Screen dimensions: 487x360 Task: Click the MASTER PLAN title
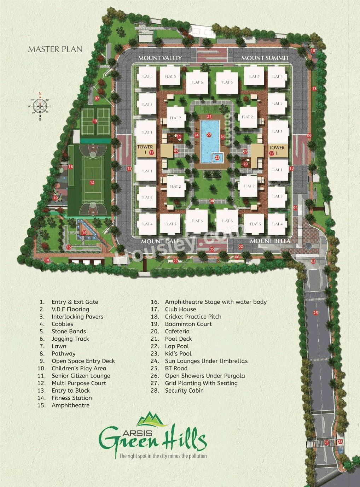(55, 49)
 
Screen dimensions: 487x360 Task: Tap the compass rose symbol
(40, 106)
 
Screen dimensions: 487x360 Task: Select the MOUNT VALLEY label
(160, 58)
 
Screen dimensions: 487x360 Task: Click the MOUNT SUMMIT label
(265, 58)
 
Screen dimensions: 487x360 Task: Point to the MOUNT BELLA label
(270, 241)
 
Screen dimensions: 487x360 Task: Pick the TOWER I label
(145, 149)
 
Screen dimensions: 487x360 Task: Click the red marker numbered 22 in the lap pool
(209, 135)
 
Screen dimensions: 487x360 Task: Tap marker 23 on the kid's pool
(217, 158)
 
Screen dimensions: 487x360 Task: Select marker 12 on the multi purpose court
(92, 182)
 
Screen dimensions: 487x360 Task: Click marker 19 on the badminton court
(95, 121)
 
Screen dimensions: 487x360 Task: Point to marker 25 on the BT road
(315, 312)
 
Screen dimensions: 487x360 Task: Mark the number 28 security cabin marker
(340, 442)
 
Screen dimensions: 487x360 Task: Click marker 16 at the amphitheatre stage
(84, 233)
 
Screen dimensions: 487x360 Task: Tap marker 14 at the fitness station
(47, 260)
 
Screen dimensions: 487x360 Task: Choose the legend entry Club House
(180, 309)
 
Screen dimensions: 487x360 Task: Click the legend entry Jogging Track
(70, 339)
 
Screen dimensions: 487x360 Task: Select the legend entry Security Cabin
(184, 391)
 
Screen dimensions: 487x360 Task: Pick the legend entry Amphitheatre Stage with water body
(216, 302)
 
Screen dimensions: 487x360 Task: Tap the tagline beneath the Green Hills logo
(163, 456)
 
